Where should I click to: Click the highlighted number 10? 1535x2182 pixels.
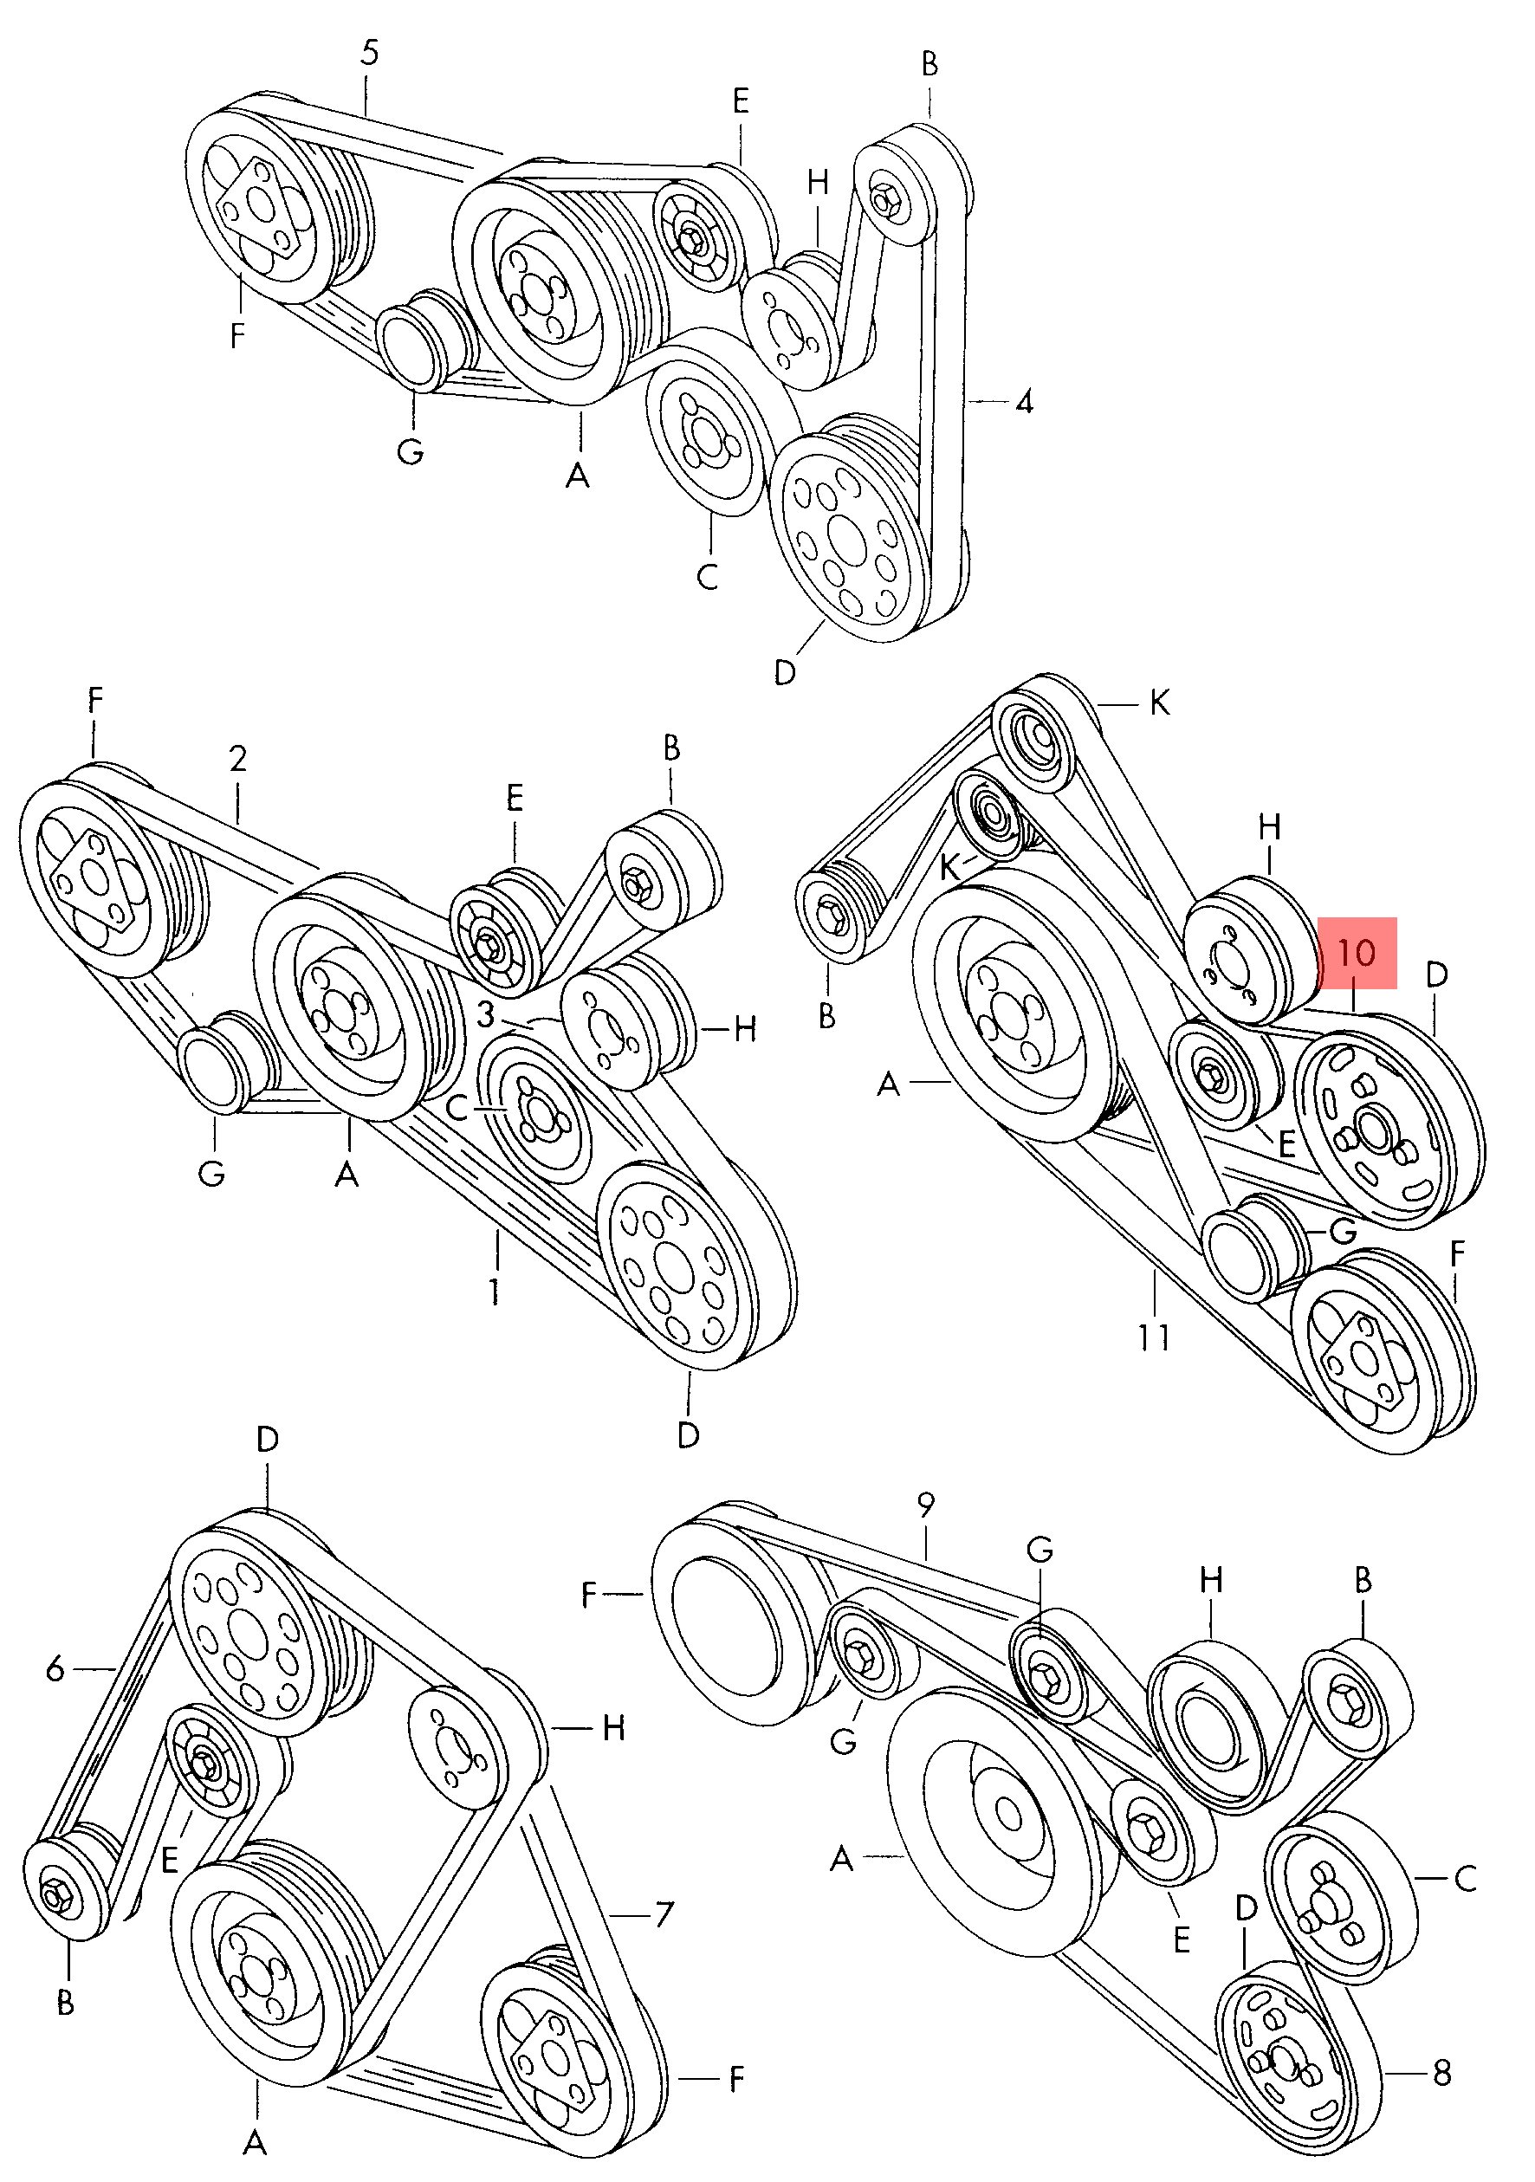point(1356,952)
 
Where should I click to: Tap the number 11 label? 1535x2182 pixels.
point(1154,1337)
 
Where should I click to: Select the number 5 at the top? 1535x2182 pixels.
point(369,53)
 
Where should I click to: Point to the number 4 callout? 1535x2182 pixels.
point(1024,402)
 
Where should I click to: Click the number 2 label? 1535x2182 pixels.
point(237,759)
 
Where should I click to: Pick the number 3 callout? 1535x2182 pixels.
point(486,1015)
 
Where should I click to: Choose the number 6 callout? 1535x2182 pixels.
point(55,1667)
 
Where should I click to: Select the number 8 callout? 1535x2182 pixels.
point(1441,2073)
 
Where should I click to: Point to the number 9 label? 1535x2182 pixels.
point(926,1505)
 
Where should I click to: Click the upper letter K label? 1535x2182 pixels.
point(1160,703)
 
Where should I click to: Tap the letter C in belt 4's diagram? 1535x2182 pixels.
point(707,576)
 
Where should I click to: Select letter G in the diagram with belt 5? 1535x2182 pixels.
point(410,450)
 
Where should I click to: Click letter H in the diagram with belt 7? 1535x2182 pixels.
point(614,1728)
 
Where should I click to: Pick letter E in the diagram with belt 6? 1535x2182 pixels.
point(170,1860)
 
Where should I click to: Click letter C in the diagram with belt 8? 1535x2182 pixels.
point(1465,1879)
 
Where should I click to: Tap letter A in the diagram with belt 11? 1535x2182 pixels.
point(888,1083)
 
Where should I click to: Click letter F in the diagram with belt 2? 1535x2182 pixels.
point(95,701)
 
